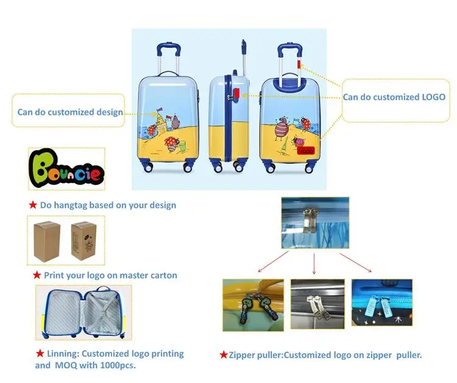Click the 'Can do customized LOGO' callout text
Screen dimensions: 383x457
tap(394, 97)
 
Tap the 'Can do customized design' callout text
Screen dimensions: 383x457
tap(69, 112)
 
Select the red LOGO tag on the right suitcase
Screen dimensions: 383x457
tap(306, 151)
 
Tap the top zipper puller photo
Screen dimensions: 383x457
tap(314, 222)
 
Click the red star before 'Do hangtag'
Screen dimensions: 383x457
tap(34, 205)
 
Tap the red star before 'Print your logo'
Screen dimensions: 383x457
tap(37, 275)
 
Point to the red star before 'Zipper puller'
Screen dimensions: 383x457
tap(224, 354)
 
